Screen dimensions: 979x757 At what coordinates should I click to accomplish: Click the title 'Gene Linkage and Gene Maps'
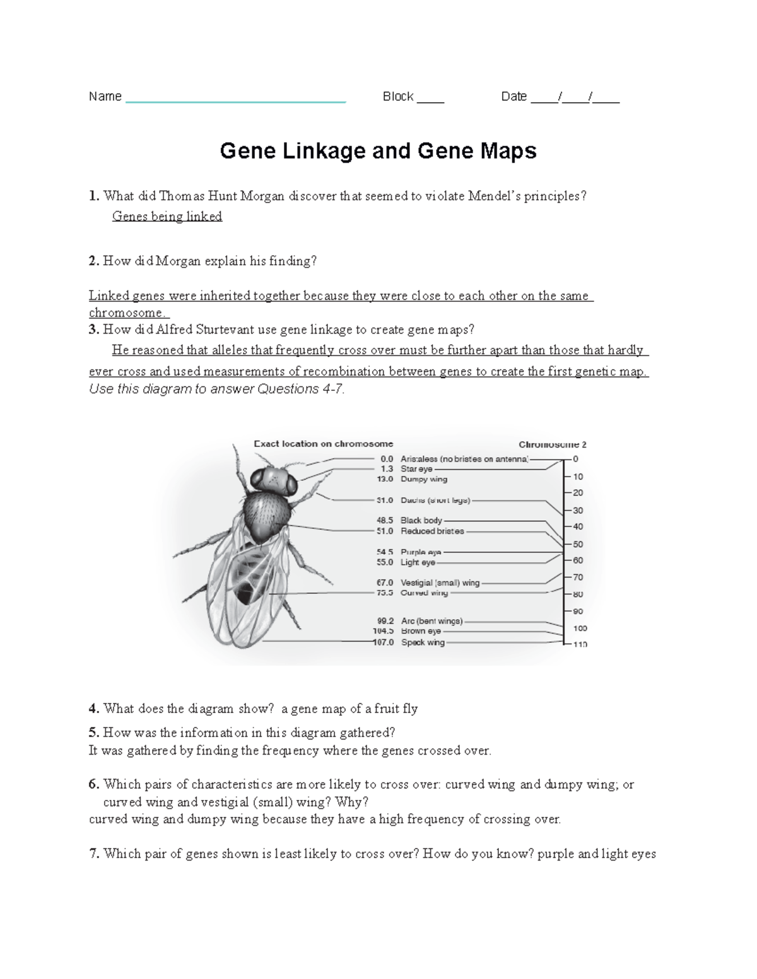[378, 151]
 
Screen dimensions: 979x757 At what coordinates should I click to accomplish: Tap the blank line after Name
[235, 98]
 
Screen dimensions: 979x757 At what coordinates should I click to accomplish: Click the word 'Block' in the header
[398, 96]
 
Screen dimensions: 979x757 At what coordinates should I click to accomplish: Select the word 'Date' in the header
[513, 96]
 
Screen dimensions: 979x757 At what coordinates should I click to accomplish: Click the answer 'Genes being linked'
[167, 216]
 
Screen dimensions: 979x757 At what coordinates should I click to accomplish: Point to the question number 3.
[94, 329]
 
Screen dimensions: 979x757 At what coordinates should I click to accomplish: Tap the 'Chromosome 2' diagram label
[552, 444]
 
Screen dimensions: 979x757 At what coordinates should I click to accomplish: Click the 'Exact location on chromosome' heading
[323, 444]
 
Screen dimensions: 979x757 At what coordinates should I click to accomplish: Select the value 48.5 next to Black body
[385, 521]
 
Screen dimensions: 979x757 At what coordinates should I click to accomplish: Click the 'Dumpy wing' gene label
[424, 479]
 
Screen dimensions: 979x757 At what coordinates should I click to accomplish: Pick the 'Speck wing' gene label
[423, 642]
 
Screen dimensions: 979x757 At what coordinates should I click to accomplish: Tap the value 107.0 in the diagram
[383, 642]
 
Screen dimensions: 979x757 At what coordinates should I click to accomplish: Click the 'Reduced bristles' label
[432, 531]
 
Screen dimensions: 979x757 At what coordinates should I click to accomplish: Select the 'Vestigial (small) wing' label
[440, 583]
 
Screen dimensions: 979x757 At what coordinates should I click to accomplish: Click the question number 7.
[94, 854]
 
